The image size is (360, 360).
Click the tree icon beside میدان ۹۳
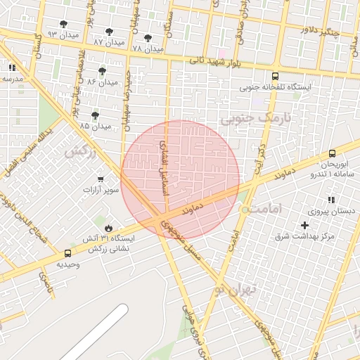pyautogui.click(x=64, y=25)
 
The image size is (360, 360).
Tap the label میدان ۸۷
pyautogui.click(x=108, y=43)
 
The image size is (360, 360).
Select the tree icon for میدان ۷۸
pyautogui.click(x=148, y=39)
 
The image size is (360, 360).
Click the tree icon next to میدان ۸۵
pyautogui.click(x=95, y=115)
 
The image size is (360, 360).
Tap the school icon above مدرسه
pyautogui.click(x=12, y=67)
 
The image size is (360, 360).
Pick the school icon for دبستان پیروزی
pyautogui.click(x=330, y=200)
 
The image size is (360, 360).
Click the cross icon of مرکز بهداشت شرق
pyautogui.click(x=304, y=225)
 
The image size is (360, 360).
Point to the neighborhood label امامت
pyautogui.click(x=266, y=210)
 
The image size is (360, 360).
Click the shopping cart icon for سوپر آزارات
pyautogui.click(x=101, y=179)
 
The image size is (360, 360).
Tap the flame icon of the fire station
pyautogui.click(x=108, y=228)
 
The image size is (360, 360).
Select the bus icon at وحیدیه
pyautogui.click(x=67, y=253)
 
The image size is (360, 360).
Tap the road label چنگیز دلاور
pyautogui.click(x=320, y=31)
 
